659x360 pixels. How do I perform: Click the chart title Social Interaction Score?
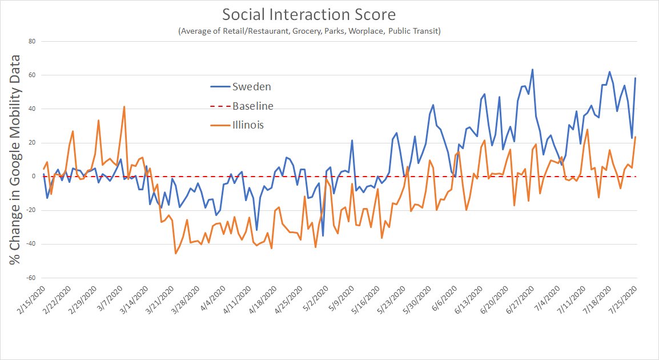click(x=309, y=14)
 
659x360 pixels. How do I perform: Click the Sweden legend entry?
click(x=251, y=87)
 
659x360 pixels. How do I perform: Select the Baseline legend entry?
click(x=252, y=106)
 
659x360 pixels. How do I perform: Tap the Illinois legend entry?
click(x=248, y=125)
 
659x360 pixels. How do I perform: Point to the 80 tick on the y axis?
click(x=32, y=41)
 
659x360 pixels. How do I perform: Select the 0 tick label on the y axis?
click(x=34, y=177)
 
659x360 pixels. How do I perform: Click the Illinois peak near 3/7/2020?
click(x=124, y=107)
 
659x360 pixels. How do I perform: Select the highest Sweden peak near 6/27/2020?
click(x=532, y=70)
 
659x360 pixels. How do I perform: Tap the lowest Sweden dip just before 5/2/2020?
click(x=323, y=235)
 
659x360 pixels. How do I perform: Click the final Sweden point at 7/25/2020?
click(x=636, y=78)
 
